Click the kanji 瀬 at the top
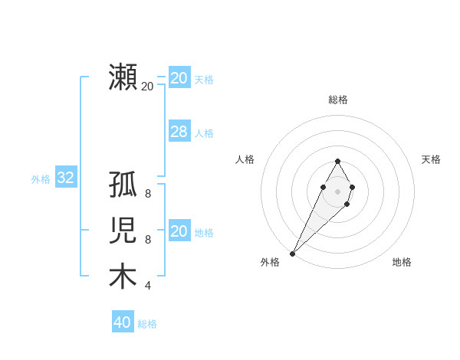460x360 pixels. pyautogui.click(x=123, y=77)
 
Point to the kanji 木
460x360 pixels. pyautogui.click(x=123, y=277)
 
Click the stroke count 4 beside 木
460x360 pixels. pyautogui.click(x=148, y=286)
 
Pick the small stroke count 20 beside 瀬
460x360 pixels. pyautogui.click(x=147, y=86)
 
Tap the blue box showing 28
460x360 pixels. pyautogui.click(x=179, y=132)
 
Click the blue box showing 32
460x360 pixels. pyautogui.click(x=65, y=178)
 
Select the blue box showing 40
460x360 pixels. pyautogui.click(x=122, y=322)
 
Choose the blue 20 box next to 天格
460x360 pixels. pyautogui.click(x=179, y=78)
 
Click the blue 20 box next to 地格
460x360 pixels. pyautogui.click(x=179, y=231)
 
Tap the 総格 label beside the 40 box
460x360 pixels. pyautogui.click(x=147, y=324)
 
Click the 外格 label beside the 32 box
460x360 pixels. pyautogui.click(x=41, y=179)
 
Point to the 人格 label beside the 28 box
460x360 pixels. pyautogui.click(x=204, y=133)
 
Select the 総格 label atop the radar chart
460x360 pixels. pyautogui.click(x=337, y=100)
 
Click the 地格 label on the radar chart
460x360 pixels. pyautogui.click(x=402, y=262)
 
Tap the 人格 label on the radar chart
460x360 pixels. pyautogui.click(x=245, y=159)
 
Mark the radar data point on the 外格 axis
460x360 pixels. pyautogui.click(x=292, y=253)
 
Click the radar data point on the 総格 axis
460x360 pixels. pyautogui.click(x=337, y=161)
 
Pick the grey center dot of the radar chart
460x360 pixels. pyautogui.click(x=337, y=191)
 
